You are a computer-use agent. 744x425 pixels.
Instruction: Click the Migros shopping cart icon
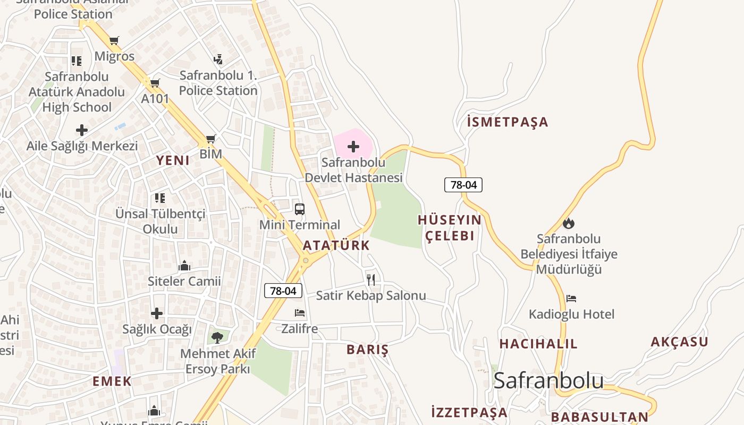[114, 40]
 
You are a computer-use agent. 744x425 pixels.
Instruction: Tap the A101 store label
[155, 98]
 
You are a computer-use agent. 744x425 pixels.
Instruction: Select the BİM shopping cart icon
[210, 139]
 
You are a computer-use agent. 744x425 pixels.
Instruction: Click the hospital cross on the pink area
[353, 146]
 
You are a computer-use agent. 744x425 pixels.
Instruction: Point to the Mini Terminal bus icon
[300, 209]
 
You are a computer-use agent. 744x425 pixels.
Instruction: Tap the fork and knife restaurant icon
[371, 279]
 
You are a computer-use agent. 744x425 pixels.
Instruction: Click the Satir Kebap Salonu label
[371, 295]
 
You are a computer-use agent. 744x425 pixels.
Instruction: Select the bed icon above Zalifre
[300, 313]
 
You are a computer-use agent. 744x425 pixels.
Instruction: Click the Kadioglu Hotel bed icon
[571, 299]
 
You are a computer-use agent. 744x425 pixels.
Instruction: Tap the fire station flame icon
[569, 223]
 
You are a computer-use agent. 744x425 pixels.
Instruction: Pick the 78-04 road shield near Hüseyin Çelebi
[463, 185]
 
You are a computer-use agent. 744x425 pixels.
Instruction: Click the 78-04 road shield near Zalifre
[283, 291]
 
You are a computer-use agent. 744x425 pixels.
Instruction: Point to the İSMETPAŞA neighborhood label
[508, 122]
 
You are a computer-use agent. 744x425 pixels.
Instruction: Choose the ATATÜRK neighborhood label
[336, 245]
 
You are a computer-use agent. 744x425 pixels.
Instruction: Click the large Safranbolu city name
[548, 380]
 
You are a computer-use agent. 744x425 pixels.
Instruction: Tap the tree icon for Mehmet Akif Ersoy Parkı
[217, 337]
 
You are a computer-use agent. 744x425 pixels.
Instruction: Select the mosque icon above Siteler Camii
[184, 265]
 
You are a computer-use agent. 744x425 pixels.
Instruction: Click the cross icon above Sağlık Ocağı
[157, 313]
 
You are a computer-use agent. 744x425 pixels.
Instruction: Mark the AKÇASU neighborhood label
[679, 342]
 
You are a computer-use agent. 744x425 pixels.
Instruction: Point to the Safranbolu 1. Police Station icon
[218, 59]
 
